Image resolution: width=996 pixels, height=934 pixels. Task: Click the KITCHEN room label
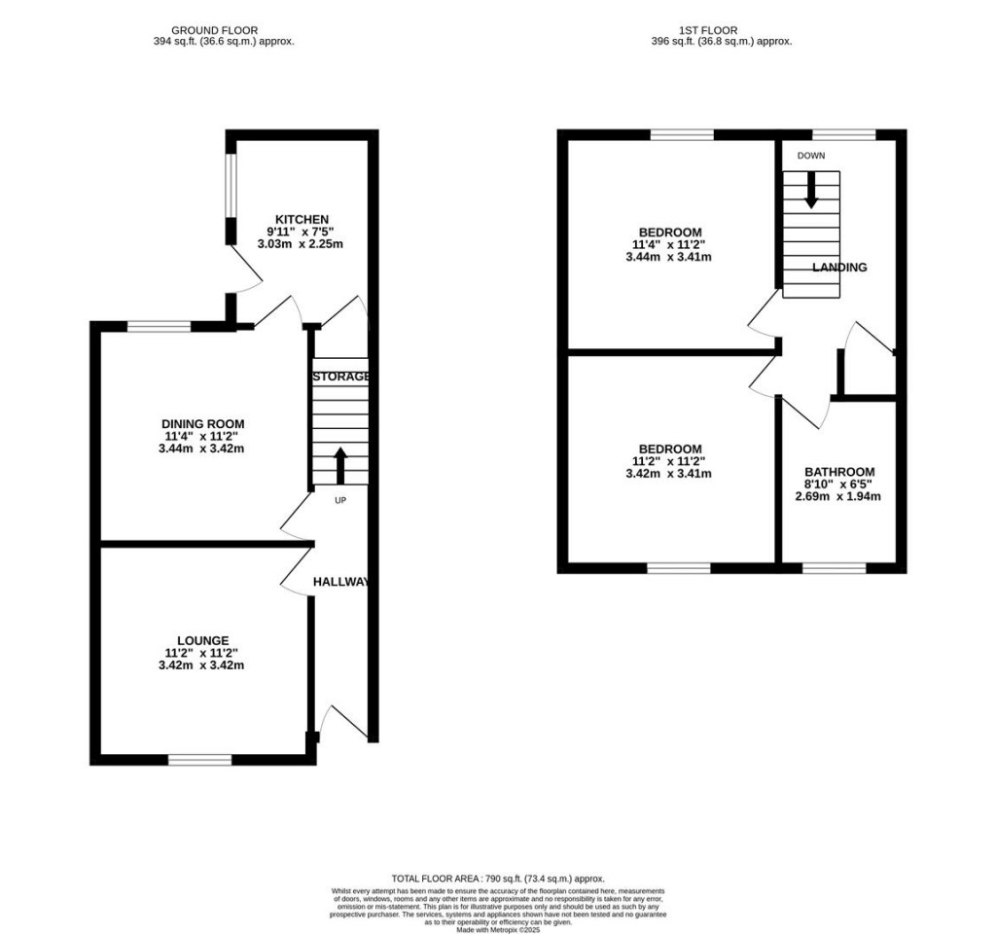click(302, 219)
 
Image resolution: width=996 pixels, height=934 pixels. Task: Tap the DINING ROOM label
click(202, 424)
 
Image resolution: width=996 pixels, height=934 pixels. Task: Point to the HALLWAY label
click(340, 582)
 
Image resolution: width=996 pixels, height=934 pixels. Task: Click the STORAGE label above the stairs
click(340, 377)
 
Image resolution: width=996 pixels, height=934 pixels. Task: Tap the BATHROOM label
click(838, 471)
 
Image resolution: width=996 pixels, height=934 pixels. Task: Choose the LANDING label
click(838, 267)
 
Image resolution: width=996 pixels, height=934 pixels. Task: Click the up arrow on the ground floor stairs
click(340, 465)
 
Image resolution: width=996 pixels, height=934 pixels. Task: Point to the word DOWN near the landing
click(810, 156)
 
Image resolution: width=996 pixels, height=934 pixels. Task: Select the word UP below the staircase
click(340, 501)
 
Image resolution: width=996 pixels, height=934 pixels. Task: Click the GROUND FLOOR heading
click(215, 31)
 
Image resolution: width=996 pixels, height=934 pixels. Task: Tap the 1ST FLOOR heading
click(722, 31)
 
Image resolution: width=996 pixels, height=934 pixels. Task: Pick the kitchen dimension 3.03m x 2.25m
click(302, 244)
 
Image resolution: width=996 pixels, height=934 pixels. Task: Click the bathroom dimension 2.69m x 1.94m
click(838, 496)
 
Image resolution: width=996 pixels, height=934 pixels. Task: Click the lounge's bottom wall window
click(200, 759)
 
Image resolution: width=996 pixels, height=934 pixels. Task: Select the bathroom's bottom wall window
click(834, 567)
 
